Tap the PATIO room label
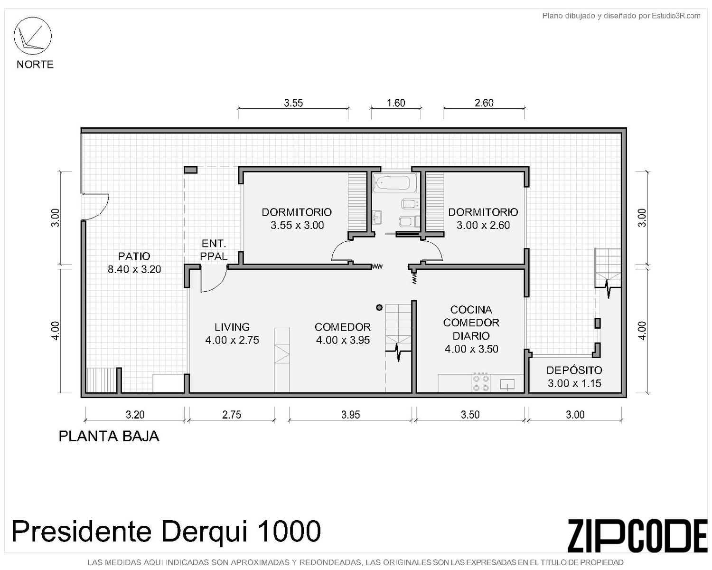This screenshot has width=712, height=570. pos(134,256)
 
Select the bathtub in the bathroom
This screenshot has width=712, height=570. pos(392,183)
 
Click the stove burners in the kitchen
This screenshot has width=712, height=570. pos(481,382)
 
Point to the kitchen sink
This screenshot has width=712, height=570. pos(507,385)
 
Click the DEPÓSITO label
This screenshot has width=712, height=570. pos(574,370)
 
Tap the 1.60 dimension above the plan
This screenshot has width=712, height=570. pos(396,103)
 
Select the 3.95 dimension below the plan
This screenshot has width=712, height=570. pos(350,415)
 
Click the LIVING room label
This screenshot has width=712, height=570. pos(232,327)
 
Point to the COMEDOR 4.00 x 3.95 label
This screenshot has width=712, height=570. pos(343,333)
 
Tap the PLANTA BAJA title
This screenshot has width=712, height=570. pos(109,437)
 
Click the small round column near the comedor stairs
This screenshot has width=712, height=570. pos(379,307)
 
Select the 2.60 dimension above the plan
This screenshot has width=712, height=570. pos(484,103)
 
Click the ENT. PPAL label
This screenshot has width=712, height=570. pos(214,250)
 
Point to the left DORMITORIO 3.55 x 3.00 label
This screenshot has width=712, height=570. pos(297,218)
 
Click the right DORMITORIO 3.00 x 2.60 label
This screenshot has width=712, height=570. pos(483,218)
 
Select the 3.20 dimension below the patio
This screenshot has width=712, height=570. pos(135,415)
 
